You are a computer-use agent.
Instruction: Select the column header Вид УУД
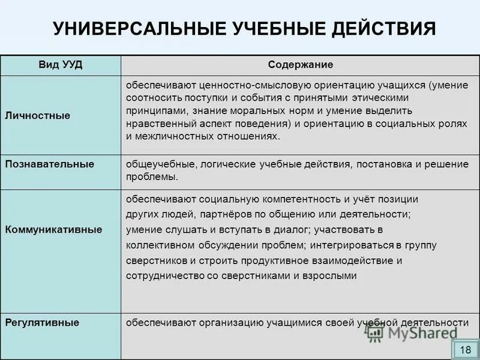[61, 65]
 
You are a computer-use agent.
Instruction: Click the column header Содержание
[301, 65]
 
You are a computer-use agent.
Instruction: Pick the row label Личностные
[38, 116]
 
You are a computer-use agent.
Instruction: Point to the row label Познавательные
[50, 164]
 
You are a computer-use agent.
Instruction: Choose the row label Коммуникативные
[53, 230]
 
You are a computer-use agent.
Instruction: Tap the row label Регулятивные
[43, 323]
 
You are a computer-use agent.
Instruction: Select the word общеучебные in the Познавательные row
[154, 164]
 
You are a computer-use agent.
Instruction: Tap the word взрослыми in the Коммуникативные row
[331, 276]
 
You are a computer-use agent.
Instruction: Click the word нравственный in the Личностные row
[156, 124]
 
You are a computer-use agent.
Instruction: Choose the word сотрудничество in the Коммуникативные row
[161, 276]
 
